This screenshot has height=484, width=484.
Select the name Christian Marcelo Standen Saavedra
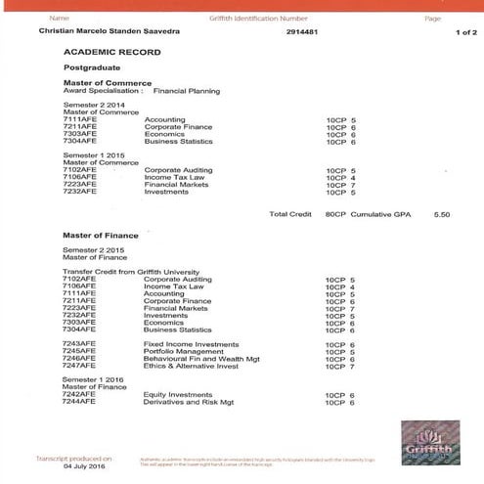click(101, 32)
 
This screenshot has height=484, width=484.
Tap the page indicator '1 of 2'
click(464, 32)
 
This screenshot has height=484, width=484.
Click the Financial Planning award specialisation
click(186, 91)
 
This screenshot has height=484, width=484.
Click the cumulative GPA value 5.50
click(441, 213)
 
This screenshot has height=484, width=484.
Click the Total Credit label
click(290, 213)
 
